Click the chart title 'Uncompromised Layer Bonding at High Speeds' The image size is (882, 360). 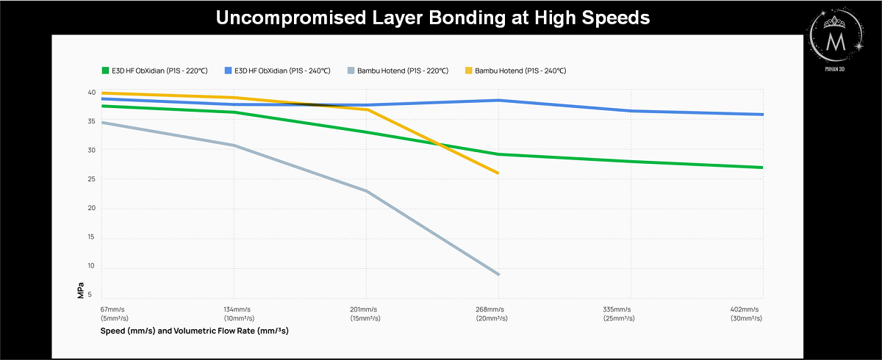click(433, 18)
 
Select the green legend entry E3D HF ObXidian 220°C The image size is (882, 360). click(154, 71)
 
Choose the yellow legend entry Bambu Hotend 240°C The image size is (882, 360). click(515, 71)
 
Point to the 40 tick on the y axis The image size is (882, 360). click(92, 93)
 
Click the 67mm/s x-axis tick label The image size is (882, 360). click(115, 314)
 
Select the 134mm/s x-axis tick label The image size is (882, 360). click(236, 314)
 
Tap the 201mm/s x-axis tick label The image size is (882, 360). click(365, 314)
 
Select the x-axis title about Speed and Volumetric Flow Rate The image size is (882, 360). click(194, 331)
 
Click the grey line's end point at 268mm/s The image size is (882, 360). click(498, 275)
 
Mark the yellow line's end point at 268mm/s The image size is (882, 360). click(498, 173)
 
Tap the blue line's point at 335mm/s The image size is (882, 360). click(631, 111)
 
